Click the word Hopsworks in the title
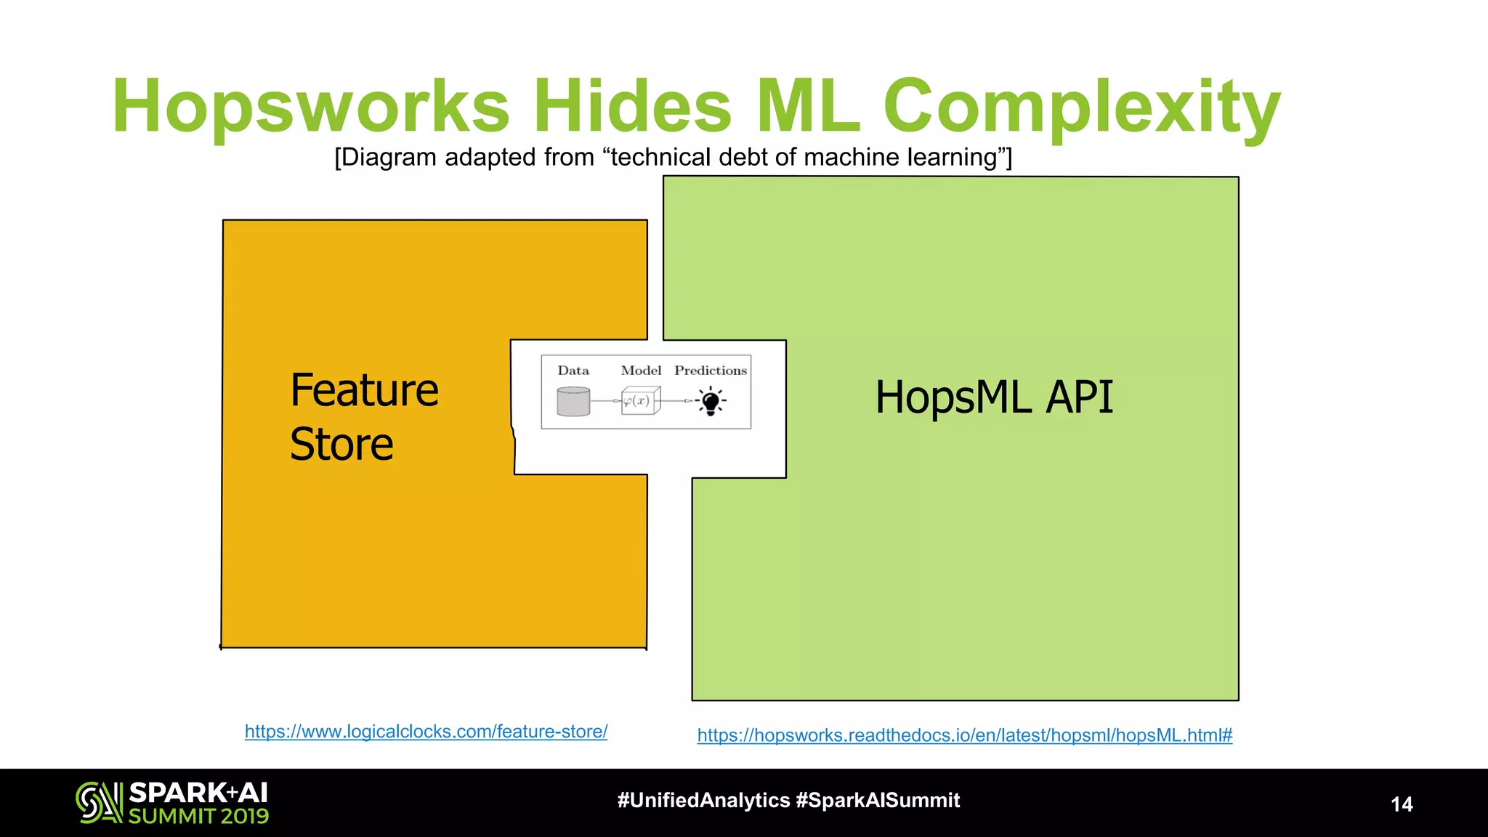coord(311,108)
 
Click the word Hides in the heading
coord(632,106)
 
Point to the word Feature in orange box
coord(364,390)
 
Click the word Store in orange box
coord(341,444)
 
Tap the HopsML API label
coord(993,397)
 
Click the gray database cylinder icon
coord(573,401)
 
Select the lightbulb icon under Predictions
coord(711,401)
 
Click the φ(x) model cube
coord(640,400)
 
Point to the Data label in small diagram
coord(573,371)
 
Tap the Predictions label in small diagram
coord(710,371)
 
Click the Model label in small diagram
coord(641,371)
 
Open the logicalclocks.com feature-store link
coord(426,732)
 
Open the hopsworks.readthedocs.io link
coord(964,735)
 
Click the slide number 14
coord(1402,804)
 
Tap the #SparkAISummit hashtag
coord(878,801)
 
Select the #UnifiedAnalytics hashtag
coord(703,801)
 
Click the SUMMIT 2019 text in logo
coord(198,817)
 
